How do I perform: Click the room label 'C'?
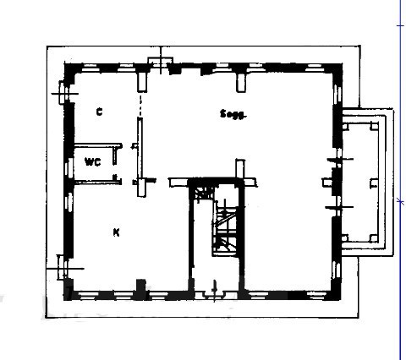click(x=99, y=112)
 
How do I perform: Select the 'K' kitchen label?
click(x=115, y=231)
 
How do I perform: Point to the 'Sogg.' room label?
click(x=232, y=114)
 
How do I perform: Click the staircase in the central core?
click(x=225, y=228)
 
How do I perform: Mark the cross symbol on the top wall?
click(x=159, y=63)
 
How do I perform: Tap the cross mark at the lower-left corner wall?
click(x=61, y=270)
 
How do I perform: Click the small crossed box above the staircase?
click(x=201, y=194)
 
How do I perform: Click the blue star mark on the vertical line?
click(x=399, y=200)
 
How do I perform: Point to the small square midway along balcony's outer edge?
click(x=373, y=182)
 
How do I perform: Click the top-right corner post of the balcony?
click(x=372, y=124)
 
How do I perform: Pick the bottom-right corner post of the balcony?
click(x=372, y=239)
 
